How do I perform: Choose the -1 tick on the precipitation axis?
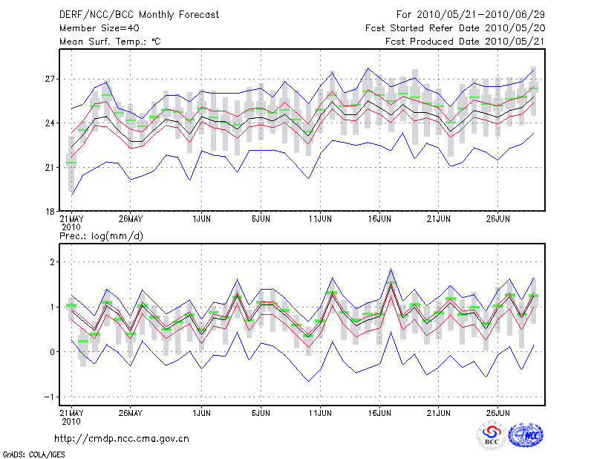[51, 397]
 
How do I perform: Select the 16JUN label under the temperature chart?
[380, 219]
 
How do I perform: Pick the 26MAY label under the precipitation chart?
[130, 411]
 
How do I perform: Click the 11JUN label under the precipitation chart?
[320, 411]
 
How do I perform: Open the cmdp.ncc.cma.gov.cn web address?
[122, 438]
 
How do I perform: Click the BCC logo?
[492, 436]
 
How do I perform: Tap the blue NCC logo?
[526, 435]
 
